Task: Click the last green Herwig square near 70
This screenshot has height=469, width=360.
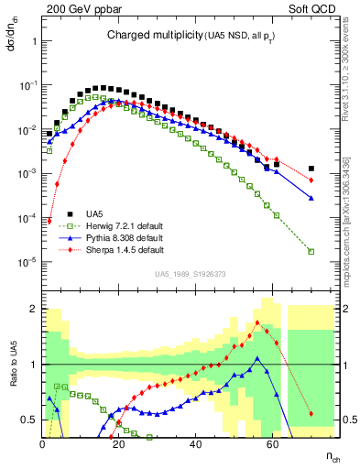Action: tap(311, 251)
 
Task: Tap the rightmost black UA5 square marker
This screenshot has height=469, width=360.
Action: tap(311, 169)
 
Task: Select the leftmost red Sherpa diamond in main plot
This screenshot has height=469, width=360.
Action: tap(49, 220)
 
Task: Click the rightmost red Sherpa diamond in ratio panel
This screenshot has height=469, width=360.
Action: tap(311, 414)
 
